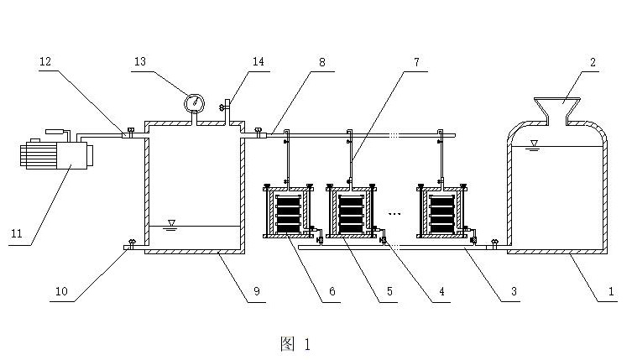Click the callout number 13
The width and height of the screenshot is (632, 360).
[140, 62]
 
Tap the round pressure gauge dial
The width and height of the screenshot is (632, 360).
[194, 103]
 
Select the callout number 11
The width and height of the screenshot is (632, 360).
[17, 233]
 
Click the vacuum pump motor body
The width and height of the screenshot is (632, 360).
[56, 154]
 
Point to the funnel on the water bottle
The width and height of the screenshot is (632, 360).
[557, 111]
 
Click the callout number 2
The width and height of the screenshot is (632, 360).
[593, 62]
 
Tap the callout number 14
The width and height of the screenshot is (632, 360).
[259, 62]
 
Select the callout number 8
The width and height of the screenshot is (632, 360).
[321, 62]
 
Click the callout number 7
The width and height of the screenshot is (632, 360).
[416, 62]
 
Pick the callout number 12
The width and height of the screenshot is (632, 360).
[45, 62]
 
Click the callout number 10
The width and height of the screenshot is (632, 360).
[61, 291]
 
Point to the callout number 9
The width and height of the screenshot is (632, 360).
[257, 291]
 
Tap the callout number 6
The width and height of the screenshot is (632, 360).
[332, 291]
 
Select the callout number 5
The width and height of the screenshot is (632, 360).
[389, 291]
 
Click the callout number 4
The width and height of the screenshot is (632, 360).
[441, 291]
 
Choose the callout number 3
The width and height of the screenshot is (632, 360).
[514, 291]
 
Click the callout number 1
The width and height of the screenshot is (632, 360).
[611, 291]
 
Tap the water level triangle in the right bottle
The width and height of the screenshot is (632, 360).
[535, 143]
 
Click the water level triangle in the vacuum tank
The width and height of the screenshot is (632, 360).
[172, 223]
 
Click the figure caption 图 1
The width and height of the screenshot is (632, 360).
[295, 344]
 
